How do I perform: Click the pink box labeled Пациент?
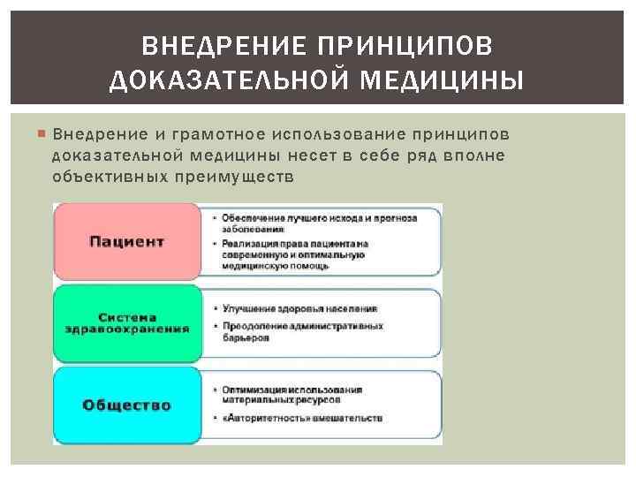point(127,241)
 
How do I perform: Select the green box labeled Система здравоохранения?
point(127,322)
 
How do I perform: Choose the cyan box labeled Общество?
point(127,405)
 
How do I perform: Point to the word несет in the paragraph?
point(312,155)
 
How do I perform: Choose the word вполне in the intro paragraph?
point(473,155)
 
